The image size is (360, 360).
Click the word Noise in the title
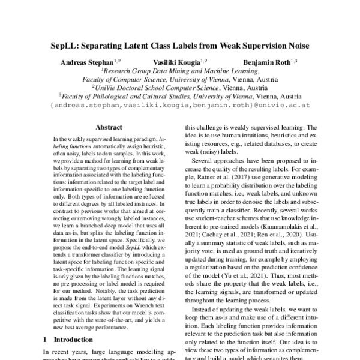(x=294, y=46)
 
